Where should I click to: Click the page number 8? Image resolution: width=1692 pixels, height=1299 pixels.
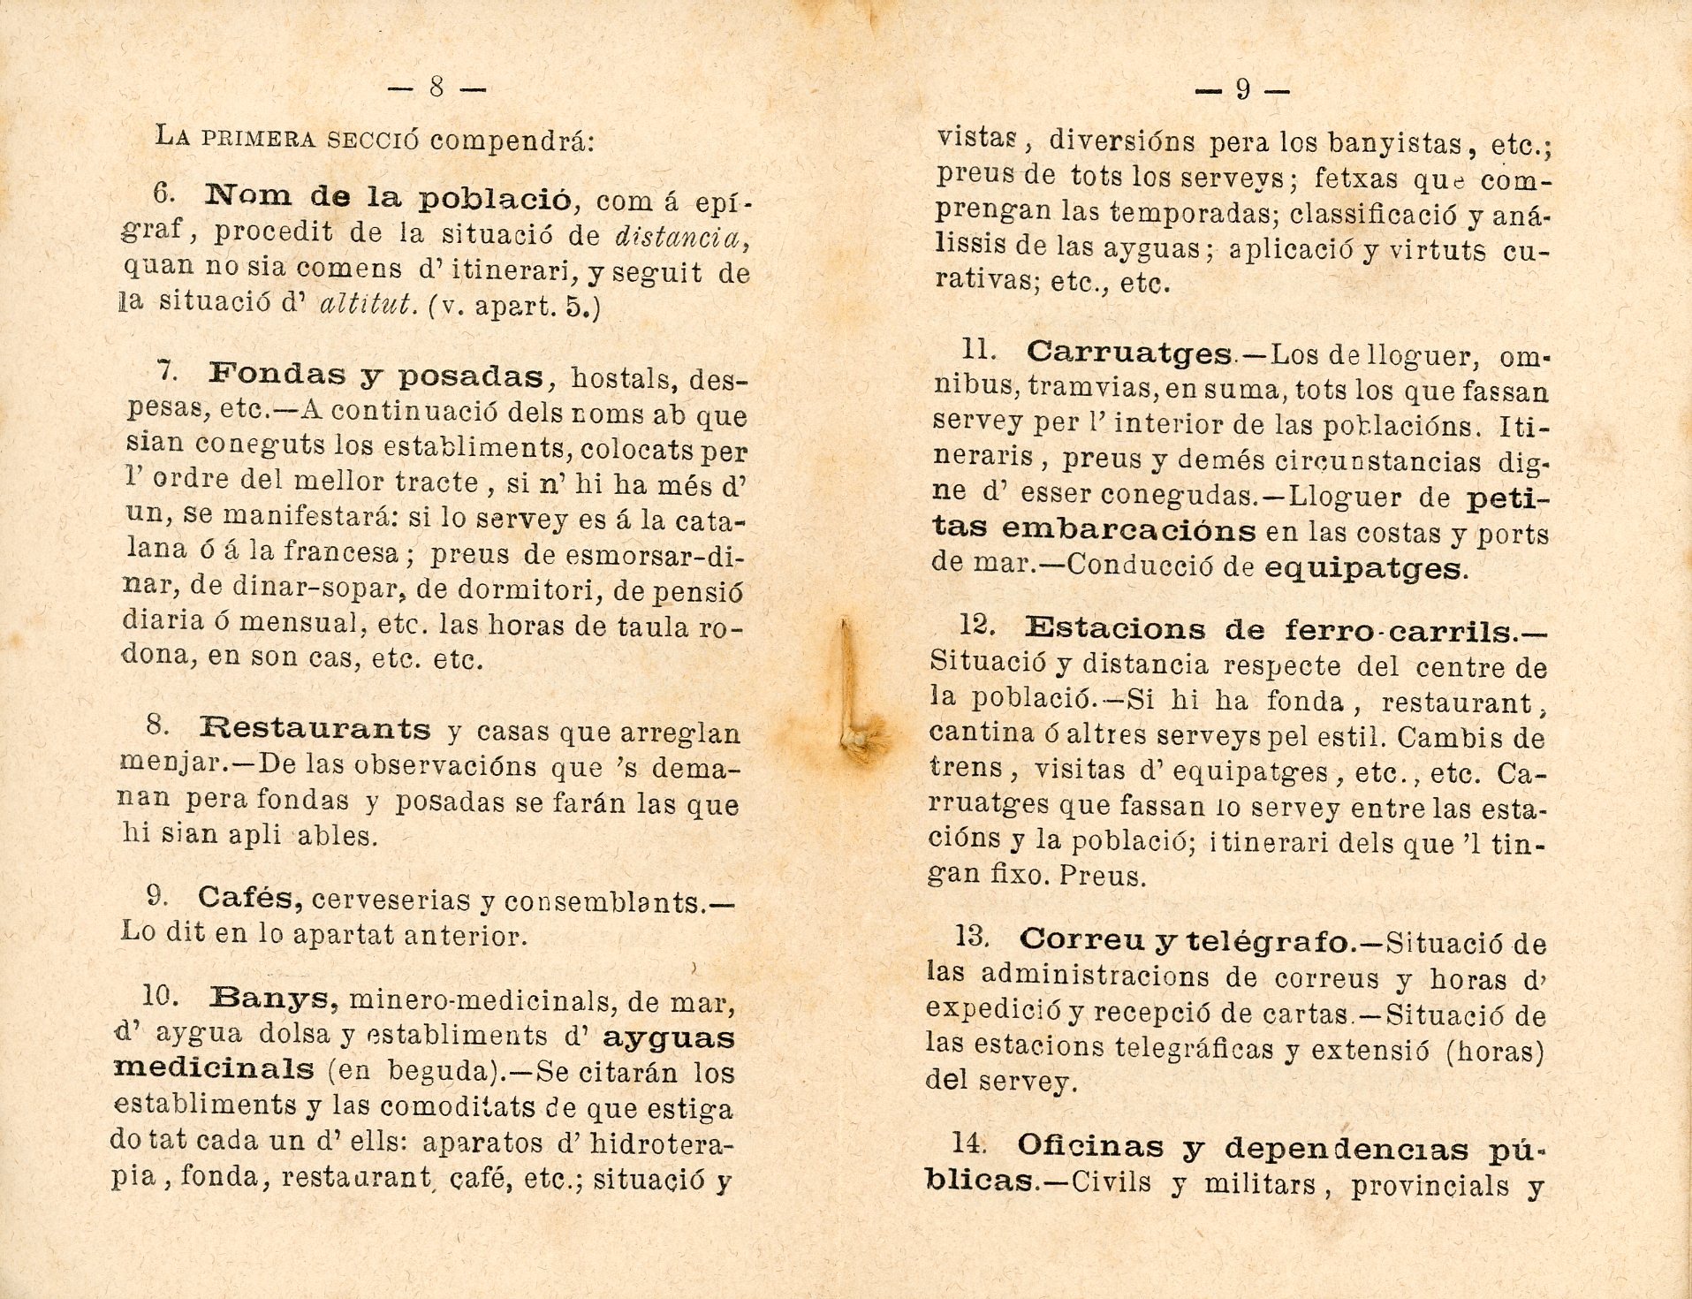[x=436, y=87]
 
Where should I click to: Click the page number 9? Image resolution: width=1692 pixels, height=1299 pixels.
[x=1242, y=89]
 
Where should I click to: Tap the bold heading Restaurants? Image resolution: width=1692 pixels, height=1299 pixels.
[x=315, y=729]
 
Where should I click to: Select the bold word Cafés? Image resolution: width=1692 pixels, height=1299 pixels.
[x=251, y=897]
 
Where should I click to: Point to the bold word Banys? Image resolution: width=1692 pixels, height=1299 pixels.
[x=275, y=998]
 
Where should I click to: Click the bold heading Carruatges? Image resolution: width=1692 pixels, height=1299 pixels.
[x=1129, y=353]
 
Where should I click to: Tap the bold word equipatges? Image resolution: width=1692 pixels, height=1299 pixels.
[x=1364, y=568]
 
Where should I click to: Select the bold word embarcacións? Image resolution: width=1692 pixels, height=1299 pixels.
[x=1129, y=530]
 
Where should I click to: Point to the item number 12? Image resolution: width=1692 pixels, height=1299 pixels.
[x=977, y=626]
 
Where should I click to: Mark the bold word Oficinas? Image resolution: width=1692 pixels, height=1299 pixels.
[x=1090, y=1146]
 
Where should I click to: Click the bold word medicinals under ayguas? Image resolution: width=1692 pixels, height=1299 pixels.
[x=214, y=1069]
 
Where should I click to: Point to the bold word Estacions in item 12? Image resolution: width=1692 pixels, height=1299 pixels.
[x=1115, y=629]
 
